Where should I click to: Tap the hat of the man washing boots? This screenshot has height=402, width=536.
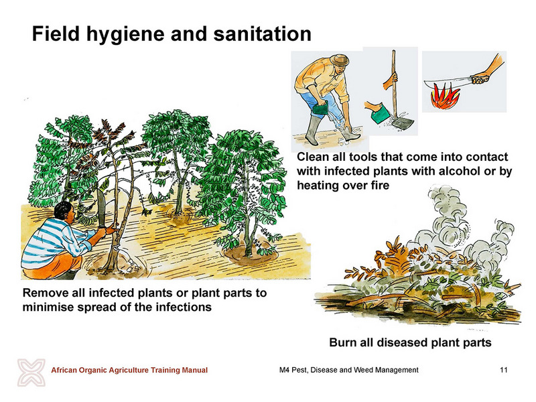(340, 60)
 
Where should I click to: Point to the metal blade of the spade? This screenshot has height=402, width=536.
(402, 123)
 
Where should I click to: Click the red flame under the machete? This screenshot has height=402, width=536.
(444, 96)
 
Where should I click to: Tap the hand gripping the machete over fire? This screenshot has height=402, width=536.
(480, 79)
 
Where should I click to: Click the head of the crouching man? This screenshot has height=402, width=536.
(64, 213)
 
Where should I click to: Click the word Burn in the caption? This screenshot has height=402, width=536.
(343, 342)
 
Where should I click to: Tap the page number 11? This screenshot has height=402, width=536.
(504, 370)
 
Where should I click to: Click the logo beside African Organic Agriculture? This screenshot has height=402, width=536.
(31, 373)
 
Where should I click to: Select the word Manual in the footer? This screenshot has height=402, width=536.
(195, 370)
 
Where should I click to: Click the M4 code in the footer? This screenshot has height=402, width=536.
(284, 370)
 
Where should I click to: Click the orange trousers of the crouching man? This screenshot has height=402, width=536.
(52, 267)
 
